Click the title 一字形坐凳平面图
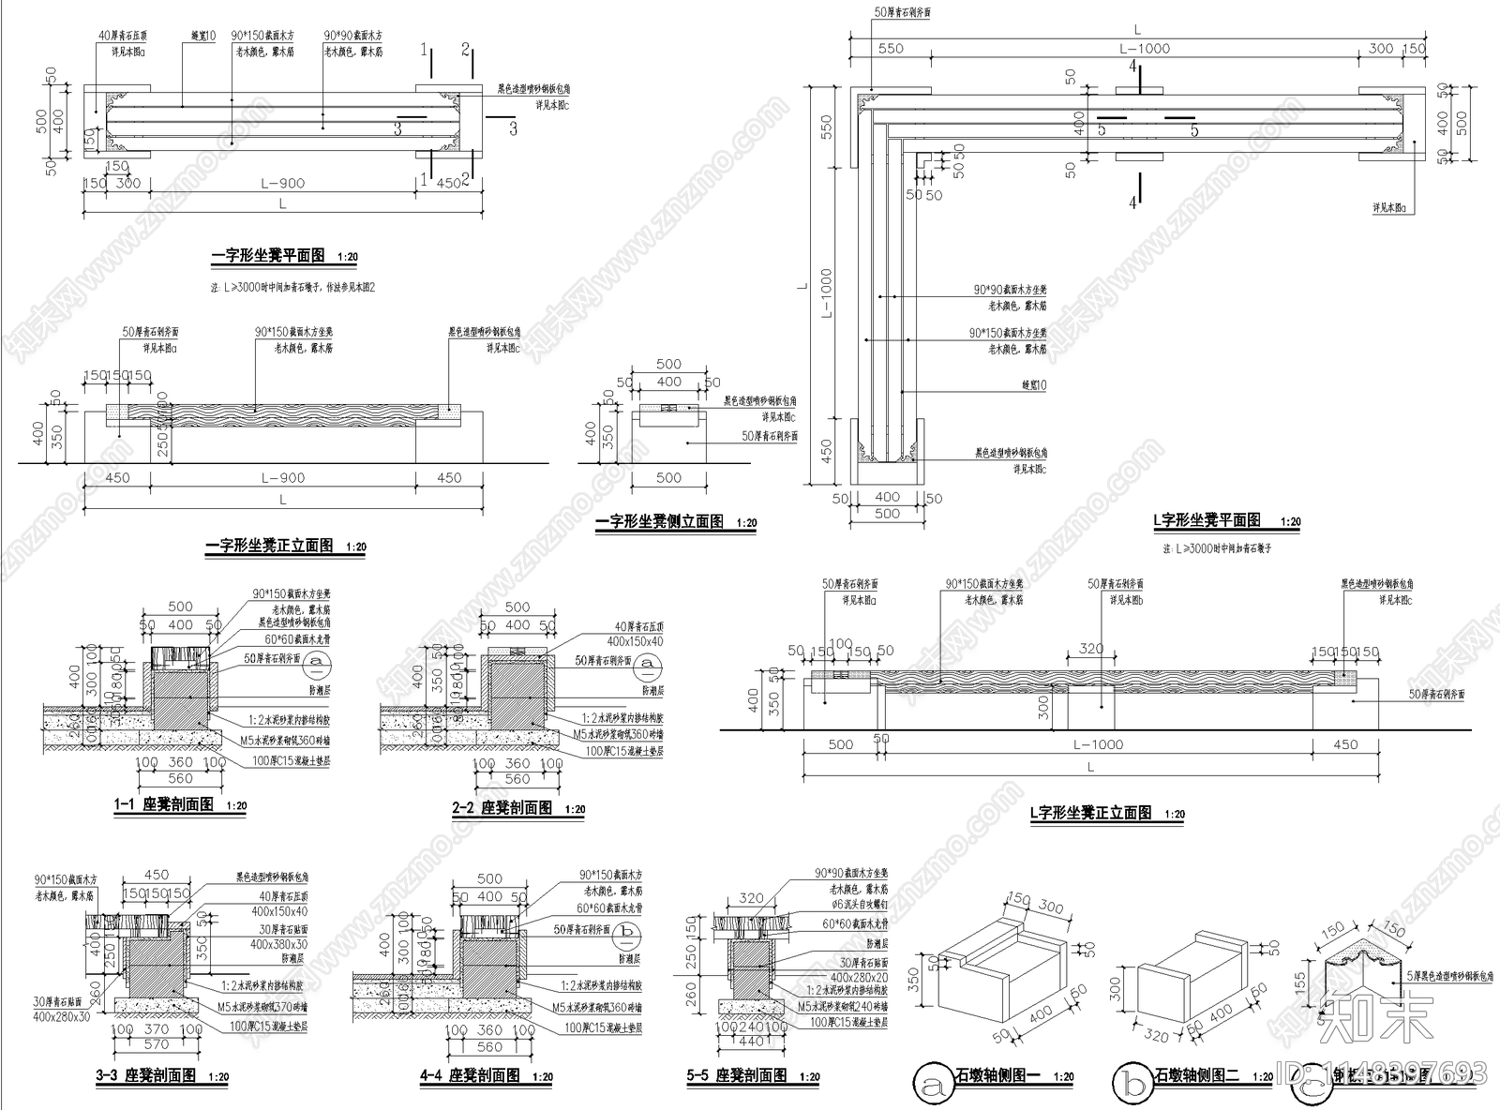coord(268,255)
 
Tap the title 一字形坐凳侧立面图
coord(659,522)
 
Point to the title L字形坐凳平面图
coord(1207,520)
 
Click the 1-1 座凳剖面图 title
coord(164,804)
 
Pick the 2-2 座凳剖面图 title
coord(503,807)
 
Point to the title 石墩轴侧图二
coord(1197,1075)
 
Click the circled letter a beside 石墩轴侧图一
coord(933,1084)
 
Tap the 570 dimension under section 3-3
coord(157,1044)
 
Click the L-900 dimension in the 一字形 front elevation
coord(282,477)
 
